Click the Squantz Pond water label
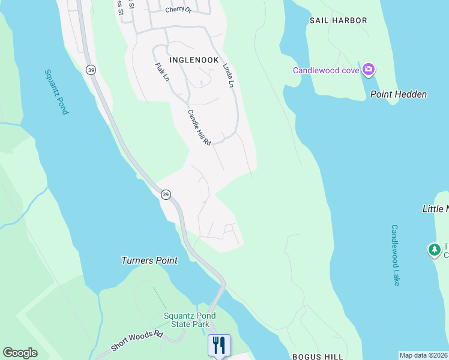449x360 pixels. coord(56,92)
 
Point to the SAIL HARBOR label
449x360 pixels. coord(338,20)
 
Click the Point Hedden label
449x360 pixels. coord(398,94)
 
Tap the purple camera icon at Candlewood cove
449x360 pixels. coord(368,70)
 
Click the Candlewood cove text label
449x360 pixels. coord(326,70)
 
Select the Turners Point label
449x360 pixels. coord(149,260)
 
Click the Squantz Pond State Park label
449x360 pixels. coord(190,320)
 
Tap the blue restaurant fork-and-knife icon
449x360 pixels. coord(218,345)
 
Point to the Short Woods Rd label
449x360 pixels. coord(137,341)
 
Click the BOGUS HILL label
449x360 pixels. coord(312,356)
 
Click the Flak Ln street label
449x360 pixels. coord(161,72)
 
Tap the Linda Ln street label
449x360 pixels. coord(228,76)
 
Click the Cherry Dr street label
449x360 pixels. coord(178,10)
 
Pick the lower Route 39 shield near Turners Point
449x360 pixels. coord(166,194)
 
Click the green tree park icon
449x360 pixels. coord(434,249)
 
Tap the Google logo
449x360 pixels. coord(20,353)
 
